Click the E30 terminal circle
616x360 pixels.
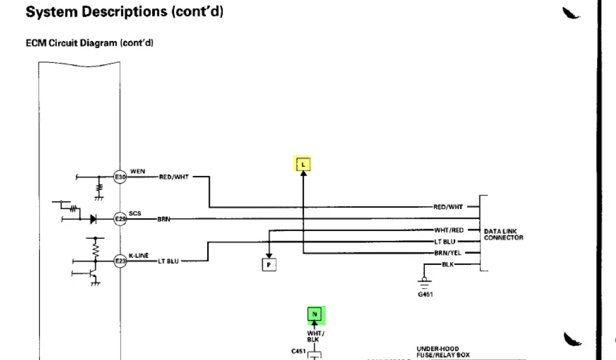[x=120, y=176]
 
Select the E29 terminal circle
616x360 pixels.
[x=120, y=219]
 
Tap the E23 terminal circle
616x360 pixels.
[x=120, y=260]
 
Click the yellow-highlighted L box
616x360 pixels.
[x=304, y=163]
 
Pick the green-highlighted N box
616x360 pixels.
[x=314, y=314]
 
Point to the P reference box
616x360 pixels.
[x=269, y=265]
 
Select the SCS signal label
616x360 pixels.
[x=135, y=213]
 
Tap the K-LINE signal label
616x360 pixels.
[x=138, y=255]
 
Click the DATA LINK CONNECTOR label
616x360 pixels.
[x=503, y=235]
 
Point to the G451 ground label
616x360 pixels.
[x=425, y=294]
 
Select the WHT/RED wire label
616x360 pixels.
[x=448, y=230]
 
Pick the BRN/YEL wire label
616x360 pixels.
[x=448, y=253]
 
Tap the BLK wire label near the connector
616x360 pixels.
[x=447, y=264]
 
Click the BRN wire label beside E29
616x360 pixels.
[x=163, y=219]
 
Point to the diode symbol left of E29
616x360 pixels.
[x=93, y=219]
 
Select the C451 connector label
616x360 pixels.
[x=298, y=351]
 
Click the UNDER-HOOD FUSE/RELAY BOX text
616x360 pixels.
[x=443, y=352]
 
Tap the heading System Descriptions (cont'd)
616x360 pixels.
[x=125, y=12]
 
